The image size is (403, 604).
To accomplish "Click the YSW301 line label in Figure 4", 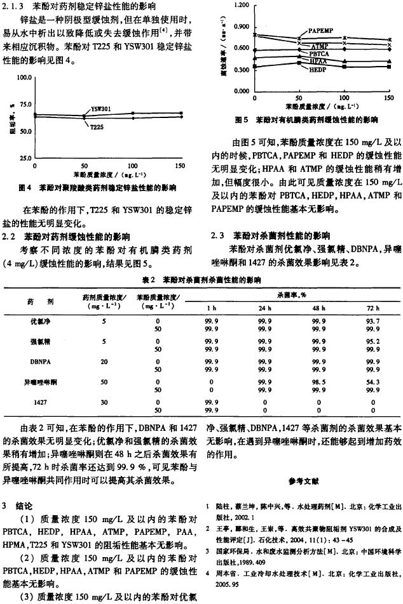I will click(100, 109).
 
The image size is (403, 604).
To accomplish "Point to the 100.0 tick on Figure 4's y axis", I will click(24, 78).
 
